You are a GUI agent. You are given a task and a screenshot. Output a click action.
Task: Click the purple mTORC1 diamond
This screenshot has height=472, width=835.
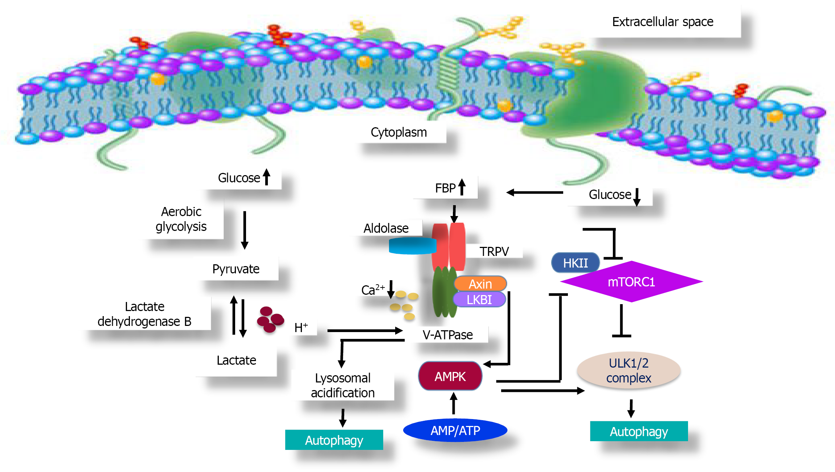point(631,282)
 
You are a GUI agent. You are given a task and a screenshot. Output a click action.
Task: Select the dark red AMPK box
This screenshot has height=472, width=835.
point(450,376)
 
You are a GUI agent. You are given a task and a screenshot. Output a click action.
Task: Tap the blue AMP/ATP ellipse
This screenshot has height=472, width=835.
point(455,430)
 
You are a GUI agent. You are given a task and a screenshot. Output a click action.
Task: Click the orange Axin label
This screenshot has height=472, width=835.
point(480,284)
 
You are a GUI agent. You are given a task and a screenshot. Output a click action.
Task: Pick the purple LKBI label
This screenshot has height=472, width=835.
point(479,300)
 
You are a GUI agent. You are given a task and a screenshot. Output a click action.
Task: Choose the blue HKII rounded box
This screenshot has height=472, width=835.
point(575,263)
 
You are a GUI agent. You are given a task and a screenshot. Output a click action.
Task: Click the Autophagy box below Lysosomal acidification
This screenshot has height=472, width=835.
point(334,440)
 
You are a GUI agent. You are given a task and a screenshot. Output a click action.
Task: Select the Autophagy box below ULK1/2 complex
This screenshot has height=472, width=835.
point(639,431)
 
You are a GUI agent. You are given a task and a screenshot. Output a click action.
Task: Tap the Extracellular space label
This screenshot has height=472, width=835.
point(663,22)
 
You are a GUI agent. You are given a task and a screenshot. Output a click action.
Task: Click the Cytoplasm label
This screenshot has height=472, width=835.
point(398,132)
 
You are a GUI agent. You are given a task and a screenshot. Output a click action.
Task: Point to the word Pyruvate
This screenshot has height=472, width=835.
point(236,269)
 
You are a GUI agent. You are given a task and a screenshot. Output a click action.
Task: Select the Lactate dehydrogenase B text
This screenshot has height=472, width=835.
point(144,314)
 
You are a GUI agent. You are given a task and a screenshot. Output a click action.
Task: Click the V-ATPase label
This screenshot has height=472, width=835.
point(447,335)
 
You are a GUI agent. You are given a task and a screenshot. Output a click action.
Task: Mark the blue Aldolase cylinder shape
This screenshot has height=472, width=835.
point(412,246)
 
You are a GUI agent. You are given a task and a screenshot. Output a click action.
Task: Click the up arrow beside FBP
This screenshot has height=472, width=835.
point(462,187)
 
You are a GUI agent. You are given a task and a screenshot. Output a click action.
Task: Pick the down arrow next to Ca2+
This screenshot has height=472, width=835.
point(391,289)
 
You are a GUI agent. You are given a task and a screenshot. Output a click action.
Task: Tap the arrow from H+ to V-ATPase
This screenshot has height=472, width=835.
point(365,330)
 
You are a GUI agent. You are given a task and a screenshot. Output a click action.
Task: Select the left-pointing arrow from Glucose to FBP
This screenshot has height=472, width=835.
point(534,192)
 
